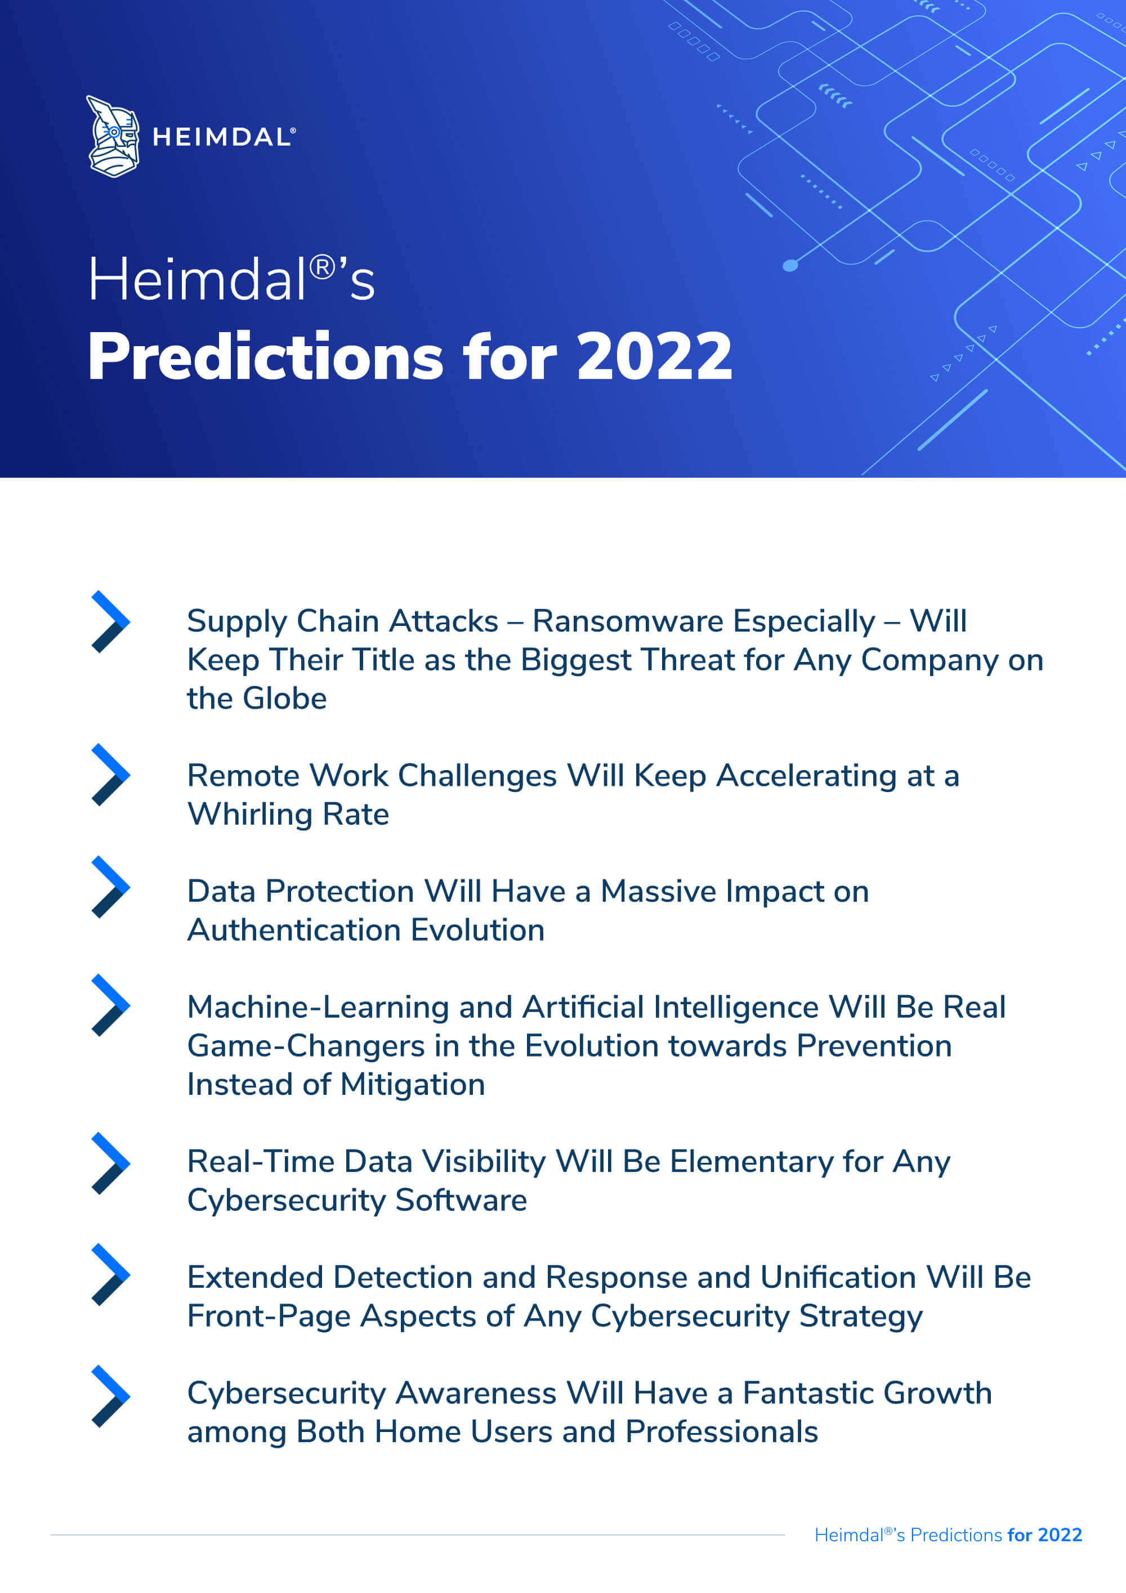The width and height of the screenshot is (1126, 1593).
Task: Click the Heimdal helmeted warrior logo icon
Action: [113, 137]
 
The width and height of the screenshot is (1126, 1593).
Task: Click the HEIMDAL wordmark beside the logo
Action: [224, 137]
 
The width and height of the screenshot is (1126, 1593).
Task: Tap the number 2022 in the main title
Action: [654, 357]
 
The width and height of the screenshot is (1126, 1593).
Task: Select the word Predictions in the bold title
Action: [266, 357]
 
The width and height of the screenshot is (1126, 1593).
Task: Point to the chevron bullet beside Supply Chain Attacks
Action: [111, 621]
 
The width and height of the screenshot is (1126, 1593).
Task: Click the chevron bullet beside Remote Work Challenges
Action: [111, 775]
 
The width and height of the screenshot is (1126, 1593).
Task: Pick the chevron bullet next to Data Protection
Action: [111, 887]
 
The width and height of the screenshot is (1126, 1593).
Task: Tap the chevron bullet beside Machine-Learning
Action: [111, 1005]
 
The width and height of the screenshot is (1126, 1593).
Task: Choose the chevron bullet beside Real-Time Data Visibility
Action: [111, 1163]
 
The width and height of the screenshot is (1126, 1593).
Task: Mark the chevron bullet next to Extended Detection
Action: [111, 1274]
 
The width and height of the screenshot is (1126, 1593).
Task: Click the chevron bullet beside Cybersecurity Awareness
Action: [111, 1396]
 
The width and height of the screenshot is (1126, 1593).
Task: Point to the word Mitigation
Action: [413, 1085]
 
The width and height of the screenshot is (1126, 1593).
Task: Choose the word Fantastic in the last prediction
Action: [808, 1393]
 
